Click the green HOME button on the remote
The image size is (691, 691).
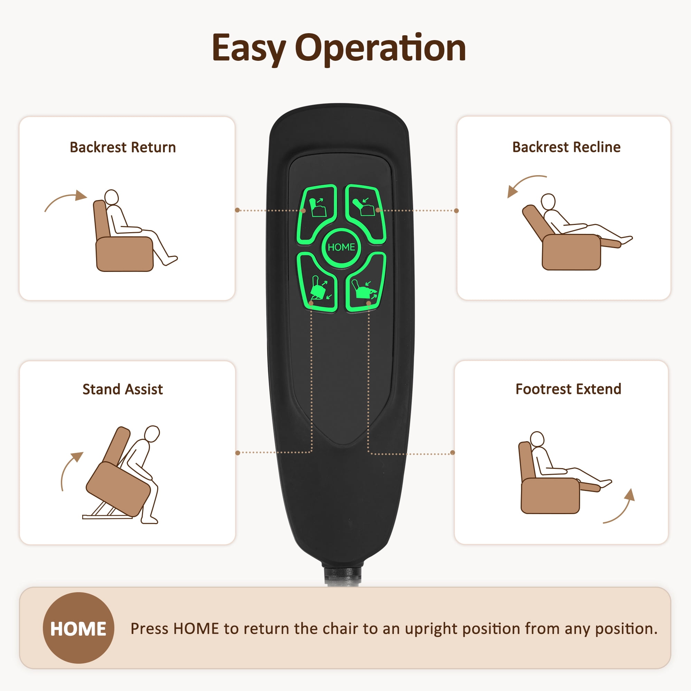pyautogui.click(x=341, y=247)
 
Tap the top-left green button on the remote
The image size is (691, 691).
pyautogui.click(x=316, y=213)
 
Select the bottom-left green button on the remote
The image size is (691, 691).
pyautogui.click(x=317, y=282)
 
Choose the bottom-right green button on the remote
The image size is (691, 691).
pyautogui.click(x=366, y=282)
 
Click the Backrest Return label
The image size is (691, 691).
pyautogui.click(x=123, y=148)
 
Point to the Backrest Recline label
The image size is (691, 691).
pyautogui.click(x=566, y=147)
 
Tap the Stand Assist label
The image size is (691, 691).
pyautogui.click(x=123, y=389)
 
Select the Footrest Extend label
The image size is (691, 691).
pyautogui.click(x=568, y=389)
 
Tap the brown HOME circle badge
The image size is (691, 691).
pyautogui.click(x=78, y=628)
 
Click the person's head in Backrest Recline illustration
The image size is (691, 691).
pyautogui.click(x=548, y=202)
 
